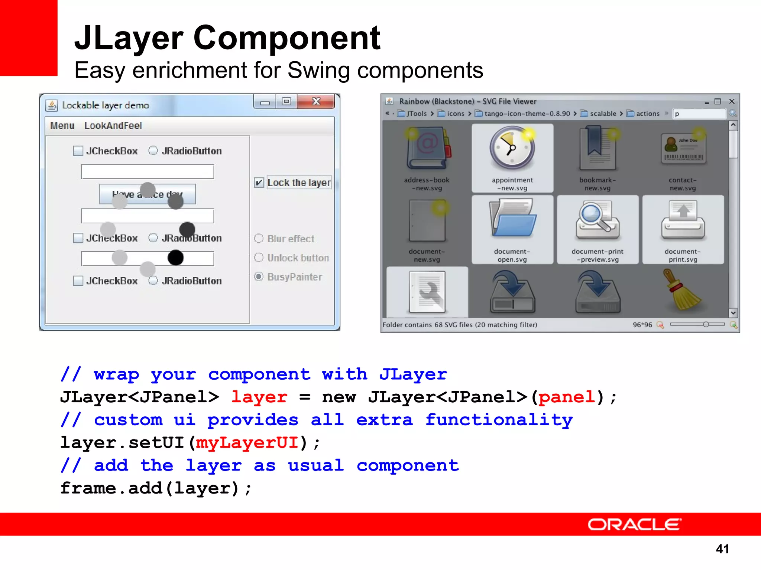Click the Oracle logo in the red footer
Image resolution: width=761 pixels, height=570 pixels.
(634, 524)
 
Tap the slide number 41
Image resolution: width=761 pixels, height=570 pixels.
(722, 549)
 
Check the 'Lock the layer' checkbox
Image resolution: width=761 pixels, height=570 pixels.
(259, 183)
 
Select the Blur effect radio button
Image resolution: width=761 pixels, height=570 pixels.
(259, 239)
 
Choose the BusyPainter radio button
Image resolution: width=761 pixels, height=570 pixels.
(259, 277)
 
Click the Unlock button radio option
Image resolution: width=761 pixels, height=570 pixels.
(259, 258)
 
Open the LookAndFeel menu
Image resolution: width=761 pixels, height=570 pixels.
(113, 126)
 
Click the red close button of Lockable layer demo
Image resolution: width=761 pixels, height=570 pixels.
(316, 101)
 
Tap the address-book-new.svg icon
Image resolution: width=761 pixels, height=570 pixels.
(427, 148)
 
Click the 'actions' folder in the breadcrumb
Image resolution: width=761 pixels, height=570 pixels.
(647, 114)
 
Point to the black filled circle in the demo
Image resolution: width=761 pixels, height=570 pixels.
(175, 258)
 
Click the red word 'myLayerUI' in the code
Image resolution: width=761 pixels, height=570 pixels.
(247, 443)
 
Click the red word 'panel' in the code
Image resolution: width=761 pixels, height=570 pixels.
(567, 397)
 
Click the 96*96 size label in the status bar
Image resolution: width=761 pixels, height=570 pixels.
(642, 325)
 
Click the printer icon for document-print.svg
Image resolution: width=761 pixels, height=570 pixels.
(683, 219)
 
